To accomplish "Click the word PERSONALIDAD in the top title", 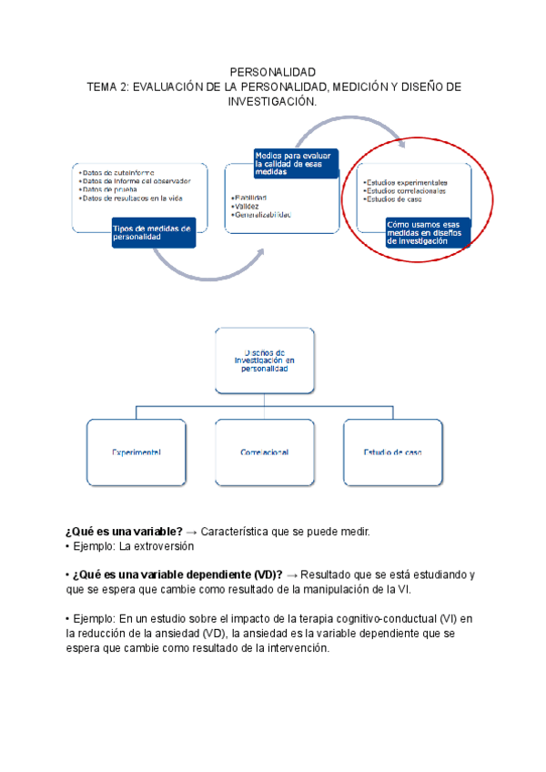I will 272,71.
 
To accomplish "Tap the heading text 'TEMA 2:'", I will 108,86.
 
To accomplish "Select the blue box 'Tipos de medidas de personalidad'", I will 152,232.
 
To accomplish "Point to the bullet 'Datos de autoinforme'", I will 113,171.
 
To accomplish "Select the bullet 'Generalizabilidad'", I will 263,215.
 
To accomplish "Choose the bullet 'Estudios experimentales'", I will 407,183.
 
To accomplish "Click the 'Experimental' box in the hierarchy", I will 137,452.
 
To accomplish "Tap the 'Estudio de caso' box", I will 393,452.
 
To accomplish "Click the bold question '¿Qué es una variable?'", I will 124,531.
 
